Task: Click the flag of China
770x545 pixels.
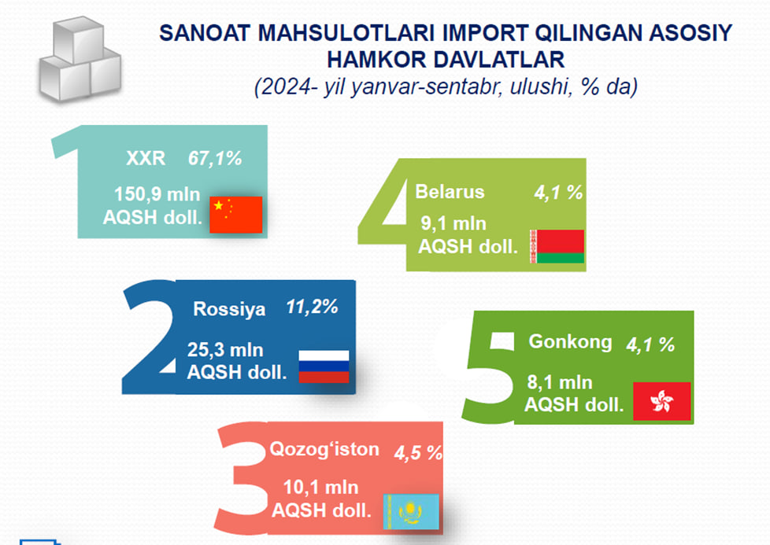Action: coord(235,215)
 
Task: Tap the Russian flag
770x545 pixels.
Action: coord(324,366)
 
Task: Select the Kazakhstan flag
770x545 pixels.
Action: coord(411,512)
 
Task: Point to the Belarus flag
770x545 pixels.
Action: coord(557,246)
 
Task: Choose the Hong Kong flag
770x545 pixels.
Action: coord(662,401)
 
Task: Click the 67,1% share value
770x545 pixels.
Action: coord(215,158)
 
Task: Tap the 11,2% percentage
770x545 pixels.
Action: coord(312,307)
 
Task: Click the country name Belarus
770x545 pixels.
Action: coord(450,191)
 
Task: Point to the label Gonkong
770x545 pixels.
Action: coord(570,342)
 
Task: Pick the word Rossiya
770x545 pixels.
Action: coord(229,309)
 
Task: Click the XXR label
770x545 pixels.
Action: coord(146,158)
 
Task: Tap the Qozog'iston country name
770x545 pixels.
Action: coord(324,449)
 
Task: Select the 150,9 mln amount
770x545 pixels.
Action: coord(157,194)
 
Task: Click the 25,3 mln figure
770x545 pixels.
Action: coord(225,350)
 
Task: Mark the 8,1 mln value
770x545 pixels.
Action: coord(560,382)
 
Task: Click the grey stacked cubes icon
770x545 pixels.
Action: coord(80,59)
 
